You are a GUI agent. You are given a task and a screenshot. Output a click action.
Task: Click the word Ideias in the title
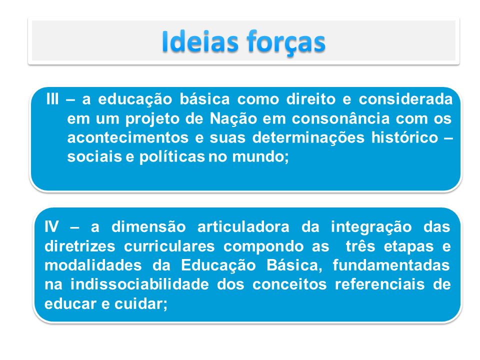(x=200, y=41)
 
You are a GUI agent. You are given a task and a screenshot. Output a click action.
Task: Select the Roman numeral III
(x=52, y=99)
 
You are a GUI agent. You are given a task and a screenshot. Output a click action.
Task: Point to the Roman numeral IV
(x=51, y=227)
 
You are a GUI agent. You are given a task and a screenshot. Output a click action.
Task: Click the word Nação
(x=233, y=119)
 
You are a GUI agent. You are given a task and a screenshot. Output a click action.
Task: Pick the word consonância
(x=340, y=119)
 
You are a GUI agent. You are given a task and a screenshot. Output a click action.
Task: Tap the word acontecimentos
(x=127, y=138)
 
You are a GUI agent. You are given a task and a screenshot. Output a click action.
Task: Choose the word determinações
(x=308, y=138)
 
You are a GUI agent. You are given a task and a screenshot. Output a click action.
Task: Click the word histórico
(x=404, y=138)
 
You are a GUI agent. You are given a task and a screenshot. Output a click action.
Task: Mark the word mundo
(x=260, y=157)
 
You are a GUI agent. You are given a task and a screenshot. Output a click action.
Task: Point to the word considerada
(x=405, y=99)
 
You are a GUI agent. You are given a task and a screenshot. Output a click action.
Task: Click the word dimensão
(x=149, y=227)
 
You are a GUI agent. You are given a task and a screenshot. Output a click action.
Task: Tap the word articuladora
(x=243, y=227)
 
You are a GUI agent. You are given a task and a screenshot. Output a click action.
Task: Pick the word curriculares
(x=169, y=246)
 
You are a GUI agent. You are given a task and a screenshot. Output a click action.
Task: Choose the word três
(x=360, y=246)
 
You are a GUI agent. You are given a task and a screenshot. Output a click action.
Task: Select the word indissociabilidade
(x=139, y=284)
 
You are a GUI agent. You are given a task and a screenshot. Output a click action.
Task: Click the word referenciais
(x=379, y=284)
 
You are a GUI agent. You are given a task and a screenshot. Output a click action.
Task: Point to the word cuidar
(x=141, y=303)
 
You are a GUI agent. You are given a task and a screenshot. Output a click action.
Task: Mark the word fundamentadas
(x=391, y=265)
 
